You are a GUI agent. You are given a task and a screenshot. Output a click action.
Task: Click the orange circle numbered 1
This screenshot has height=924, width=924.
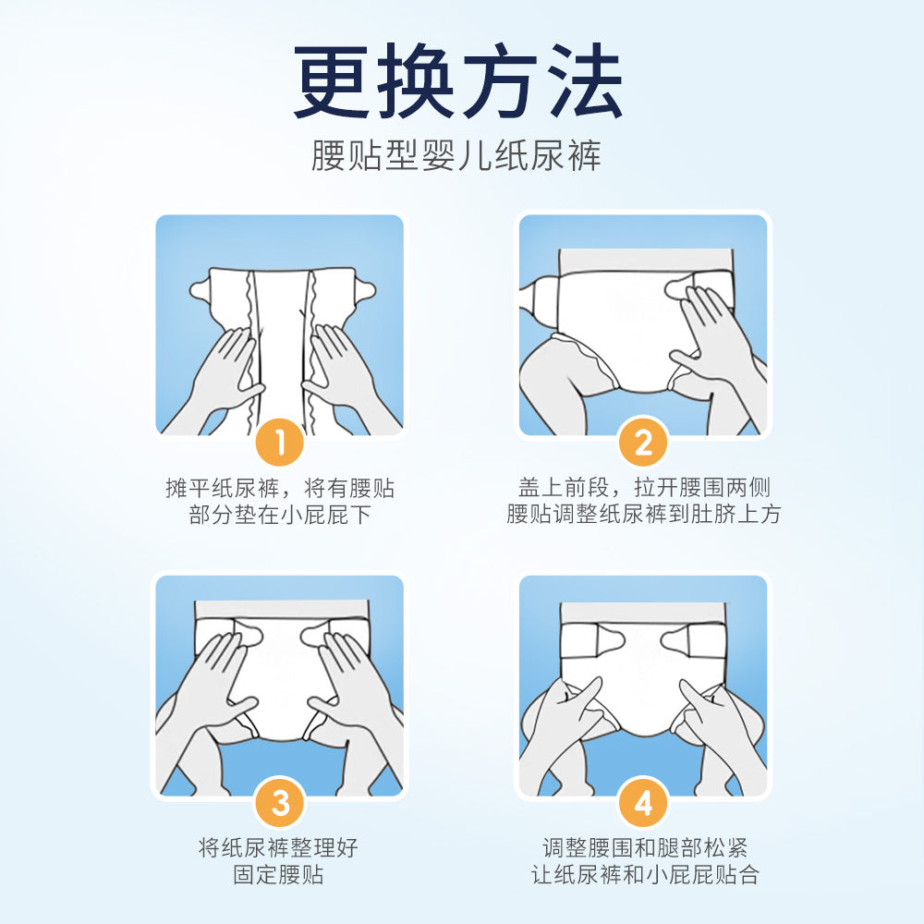pos(280,442)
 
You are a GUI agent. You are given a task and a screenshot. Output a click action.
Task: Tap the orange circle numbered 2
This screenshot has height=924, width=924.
pos(643,442)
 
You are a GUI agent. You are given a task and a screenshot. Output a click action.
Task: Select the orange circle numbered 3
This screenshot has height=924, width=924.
pos(280,803)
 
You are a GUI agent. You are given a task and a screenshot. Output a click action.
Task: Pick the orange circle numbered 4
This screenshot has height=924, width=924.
pos(643,803)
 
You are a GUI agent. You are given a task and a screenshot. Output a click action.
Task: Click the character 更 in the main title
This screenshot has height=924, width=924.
pos(332,80)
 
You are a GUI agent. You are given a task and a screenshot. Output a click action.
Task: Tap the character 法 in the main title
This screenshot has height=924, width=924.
pos(585,80)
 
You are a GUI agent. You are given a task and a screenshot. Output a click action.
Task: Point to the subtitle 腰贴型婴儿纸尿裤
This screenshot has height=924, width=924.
pos(456,155)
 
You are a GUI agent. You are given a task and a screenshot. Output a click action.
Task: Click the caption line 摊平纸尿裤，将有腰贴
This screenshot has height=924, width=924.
pos(280,488)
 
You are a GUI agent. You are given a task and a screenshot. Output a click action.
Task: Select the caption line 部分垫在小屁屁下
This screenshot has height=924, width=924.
pos(280,515)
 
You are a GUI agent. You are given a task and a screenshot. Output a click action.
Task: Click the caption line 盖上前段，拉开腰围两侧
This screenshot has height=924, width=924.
pos(644,488)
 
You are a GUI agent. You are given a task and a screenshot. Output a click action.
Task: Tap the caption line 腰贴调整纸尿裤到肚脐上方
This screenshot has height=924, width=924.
pos(644,514)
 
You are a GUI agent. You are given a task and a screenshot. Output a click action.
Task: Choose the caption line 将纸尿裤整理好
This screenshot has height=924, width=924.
pos(279,848)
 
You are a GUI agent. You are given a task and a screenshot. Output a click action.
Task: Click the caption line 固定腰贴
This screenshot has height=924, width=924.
pos(279,874)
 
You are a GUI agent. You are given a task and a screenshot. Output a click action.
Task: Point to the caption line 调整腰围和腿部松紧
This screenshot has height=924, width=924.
pos(645,848)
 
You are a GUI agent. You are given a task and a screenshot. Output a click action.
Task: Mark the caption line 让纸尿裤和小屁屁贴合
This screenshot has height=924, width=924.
pos(645,874)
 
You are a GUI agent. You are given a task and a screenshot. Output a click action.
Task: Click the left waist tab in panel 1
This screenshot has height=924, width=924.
pos(201,290)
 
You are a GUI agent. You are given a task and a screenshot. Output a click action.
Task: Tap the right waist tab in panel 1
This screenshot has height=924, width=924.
pos(364,290)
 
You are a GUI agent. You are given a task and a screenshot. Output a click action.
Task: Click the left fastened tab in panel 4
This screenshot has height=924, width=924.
pos(610,640)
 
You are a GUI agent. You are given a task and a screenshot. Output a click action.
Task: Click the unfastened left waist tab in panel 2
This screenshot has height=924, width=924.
pos(540,292)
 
